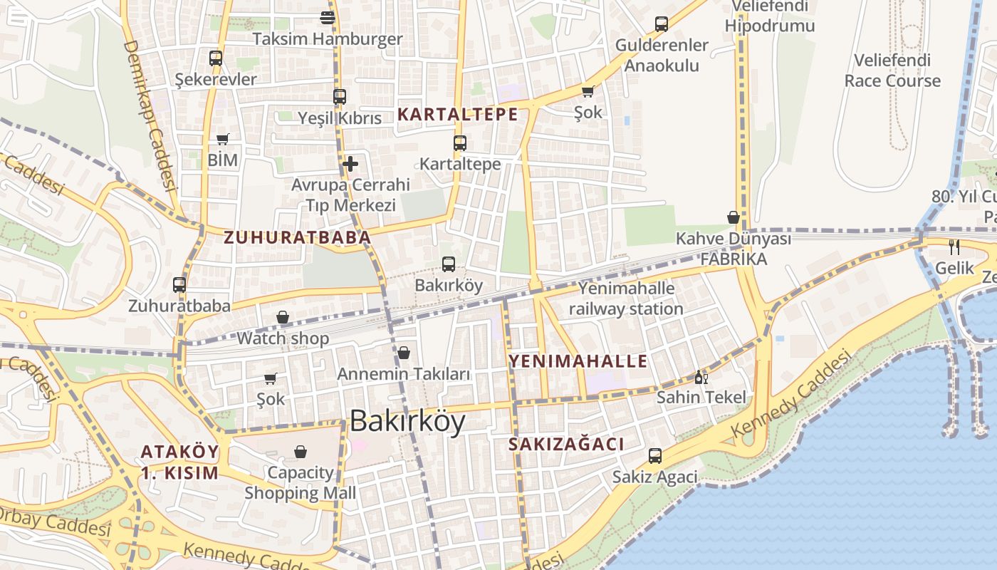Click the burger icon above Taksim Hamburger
click(328, 18)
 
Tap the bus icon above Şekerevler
click(216, 58)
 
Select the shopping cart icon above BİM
click(223, 139)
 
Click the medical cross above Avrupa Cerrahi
click(350, 164)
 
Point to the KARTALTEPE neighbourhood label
click(457, 114)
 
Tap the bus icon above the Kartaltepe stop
click(460, 142)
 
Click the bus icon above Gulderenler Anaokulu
click(662, 24)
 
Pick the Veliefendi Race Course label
click(892, 71)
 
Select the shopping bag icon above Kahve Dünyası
click(734, 217)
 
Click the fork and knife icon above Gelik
click(954, 247)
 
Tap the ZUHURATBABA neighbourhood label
click(298, 237)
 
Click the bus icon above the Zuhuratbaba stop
click(179, 285)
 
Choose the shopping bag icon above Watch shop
click(283, 317)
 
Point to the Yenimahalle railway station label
click(626, 299)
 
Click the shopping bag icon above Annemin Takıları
click(404, 353)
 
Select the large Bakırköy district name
click(407, 421)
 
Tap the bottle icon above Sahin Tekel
click(701, 377)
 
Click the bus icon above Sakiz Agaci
click(655, 456)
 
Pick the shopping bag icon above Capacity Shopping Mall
click(301, 452)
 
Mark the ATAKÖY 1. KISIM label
click(179, 462)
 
